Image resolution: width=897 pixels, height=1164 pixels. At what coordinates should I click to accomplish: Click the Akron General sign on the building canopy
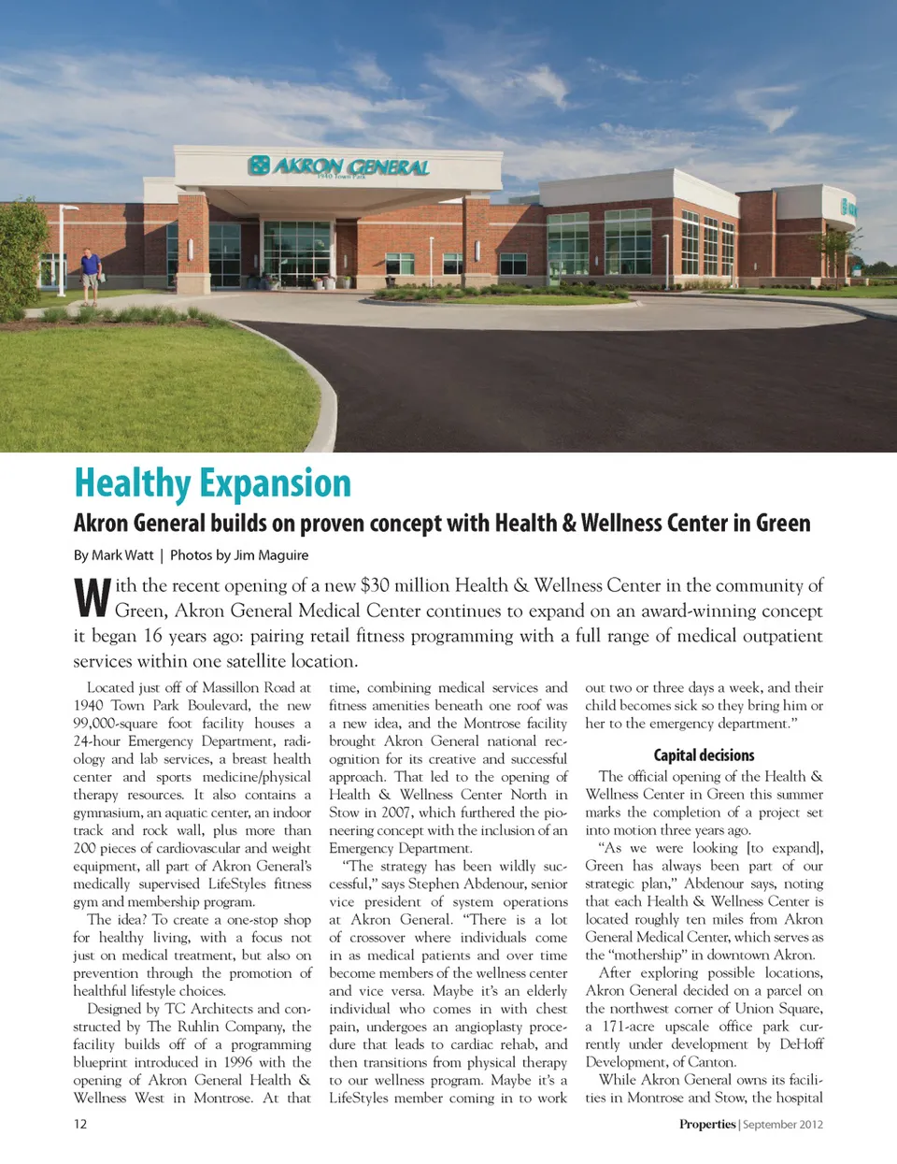(338, 166)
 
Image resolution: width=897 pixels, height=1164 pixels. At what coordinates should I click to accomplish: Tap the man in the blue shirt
(90, 274)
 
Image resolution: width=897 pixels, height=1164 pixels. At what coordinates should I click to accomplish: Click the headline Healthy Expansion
(212, 483)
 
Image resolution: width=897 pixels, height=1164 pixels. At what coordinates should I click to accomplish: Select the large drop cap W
(92, 598)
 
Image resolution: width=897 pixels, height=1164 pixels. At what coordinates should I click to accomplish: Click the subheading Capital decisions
(704, 754)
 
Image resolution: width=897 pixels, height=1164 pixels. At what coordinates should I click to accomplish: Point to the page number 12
(80, 1124)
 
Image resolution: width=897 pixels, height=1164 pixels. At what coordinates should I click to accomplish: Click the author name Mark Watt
(122, 554)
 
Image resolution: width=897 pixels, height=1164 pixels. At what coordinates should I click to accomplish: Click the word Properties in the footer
(707, 1124)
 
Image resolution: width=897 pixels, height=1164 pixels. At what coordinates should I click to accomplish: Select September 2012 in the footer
(783, 1124)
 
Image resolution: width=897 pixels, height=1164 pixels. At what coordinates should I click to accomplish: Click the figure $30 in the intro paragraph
(375, 585)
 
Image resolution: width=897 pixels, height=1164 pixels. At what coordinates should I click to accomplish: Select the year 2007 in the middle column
(394, 812)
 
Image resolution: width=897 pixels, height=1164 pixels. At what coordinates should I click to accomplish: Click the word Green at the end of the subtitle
(783, 523)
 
